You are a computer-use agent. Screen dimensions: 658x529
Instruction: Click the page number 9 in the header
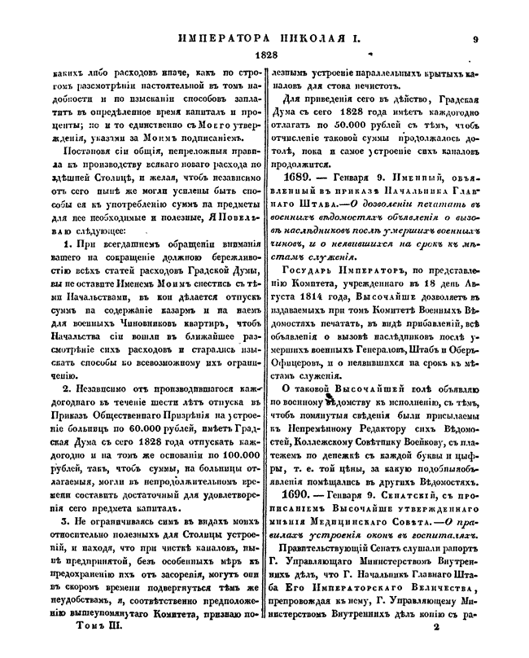475,37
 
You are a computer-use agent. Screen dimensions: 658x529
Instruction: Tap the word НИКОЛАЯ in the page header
295,37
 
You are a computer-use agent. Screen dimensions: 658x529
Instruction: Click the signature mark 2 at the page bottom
437,628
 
